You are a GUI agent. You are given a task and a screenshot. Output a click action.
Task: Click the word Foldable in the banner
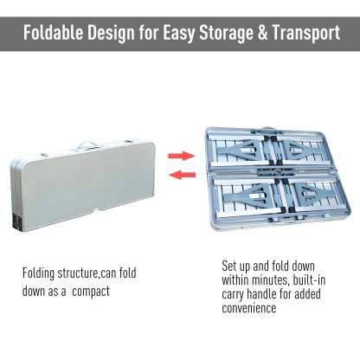(x=54, y=33)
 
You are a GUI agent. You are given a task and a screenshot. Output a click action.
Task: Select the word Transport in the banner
(x=305, y=33)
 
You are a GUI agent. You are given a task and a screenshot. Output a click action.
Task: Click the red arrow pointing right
(x=182, y=156)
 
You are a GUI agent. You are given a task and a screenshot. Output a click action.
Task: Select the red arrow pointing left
(x=182, y=175)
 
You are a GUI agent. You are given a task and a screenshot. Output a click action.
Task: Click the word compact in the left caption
(x=91, y=292)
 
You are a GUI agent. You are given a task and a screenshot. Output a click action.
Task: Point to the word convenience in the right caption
(x=249, y=308)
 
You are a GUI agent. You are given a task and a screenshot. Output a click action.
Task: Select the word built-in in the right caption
(x=309, y=280)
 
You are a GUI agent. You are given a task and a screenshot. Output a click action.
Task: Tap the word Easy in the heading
(x=179, y=34)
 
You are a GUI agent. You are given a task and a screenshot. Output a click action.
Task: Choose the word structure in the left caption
(x=78, y=273)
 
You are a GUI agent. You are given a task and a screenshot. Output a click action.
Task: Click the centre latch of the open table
(x=272, y=172)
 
